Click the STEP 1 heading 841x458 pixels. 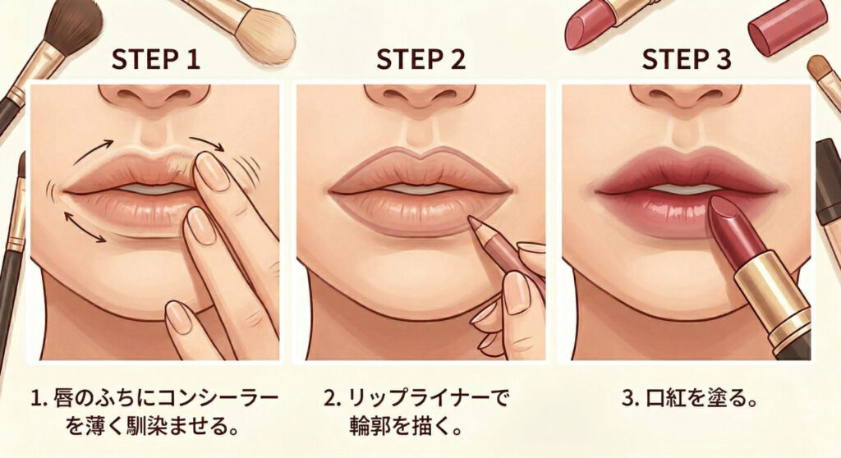[x=155, y=60]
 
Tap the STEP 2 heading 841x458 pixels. [x=421, y=60]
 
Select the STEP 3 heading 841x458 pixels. [x=687, y=60]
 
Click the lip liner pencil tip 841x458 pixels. [x=472, y=221]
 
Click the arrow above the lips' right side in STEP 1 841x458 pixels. [x=206, y=143]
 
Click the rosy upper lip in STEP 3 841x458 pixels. [x=687, y=167]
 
